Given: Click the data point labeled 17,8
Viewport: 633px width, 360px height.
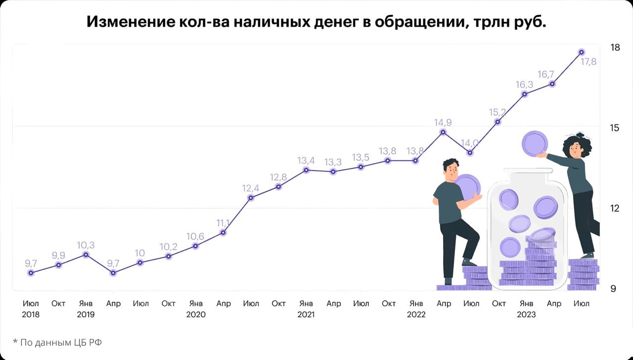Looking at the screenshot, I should point(582,52).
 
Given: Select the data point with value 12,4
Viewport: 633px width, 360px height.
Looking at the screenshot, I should point(251,198).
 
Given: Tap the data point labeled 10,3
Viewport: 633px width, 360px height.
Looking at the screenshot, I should point(86,255).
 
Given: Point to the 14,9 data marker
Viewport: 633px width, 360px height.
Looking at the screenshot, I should point(443,132).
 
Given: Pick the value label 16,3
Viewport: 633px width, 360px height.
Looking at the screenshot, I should point(524,85).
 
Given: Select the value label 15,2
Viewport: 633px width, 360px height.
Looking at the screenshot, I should point(497,112).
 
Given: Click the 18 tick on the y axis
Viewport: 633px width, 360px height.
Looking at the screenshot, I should point(615,48).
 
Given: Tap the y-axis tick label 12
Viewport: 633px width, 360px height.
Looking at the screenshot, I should point(615,208).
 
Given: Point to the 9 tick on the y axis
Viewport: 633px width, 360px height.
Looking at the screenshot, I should point(613,288).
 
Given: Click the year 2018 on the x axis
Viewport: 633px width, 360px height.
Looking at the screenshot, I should point(31,314).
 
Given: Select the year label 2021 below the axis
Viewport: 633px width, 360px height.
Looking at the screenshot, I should point(306,314).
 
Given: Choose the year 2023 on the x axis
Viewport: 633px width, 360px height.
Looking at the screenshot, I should point(526,314).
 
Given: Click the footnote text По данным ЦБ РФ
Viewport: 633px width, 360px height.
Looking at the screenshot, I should point(60,342).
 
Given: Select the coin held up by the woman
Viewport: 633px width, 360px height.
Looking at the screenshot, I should point(535,143).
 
